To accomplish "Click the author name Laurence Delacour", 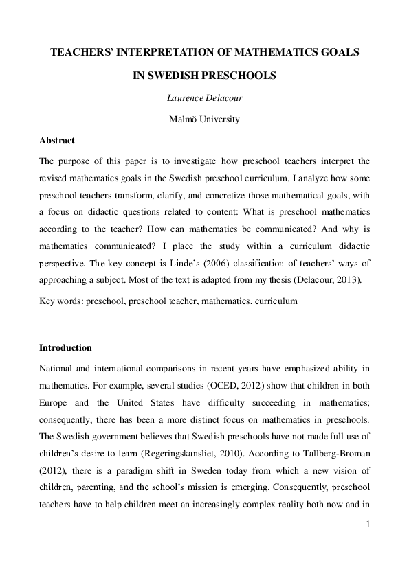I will pos(204,98).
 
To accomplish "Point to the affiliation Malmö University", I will pos(204,119).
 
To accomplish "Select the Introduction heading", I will pos(65,347).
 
